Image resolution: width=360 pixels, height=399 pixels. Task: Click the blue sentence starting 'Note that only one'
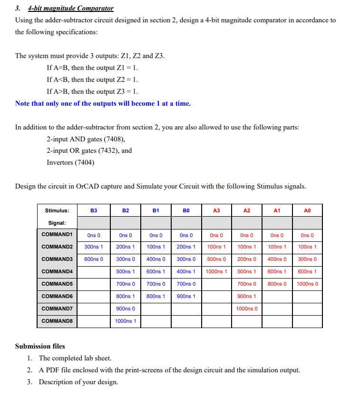click(x=103, y=103)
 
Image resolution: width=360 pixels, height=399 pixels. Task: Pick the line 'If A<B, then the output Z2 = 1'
click(x=92, y=80)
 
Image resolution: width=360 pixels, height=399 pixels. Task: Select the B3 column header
click(x=94, y=210)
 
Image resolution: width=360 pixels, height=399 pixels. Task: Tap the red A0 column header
click(x=307, y=210)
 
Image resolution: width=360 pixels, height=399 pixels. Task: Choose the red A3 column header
click(x=216, y=210)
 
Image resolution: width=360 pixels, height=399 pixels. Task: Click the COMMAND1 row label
click(x=57, y=235)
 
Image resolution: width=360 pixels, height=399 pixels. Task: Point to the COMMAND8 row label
click(x=57, y=321)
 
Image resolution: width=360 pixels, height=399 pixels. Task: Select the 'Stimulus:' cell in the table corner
click(x=57, y=210)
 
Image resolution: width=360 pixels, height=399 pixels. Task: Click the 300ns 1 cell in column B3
click(x=94, y=247)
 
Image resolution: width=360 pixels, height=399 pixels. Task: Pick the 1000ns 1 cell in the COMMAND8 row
click(x=126, y=321)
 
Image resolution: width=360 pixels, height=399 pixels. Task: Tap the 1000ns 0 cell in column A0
click(x=307, y=284)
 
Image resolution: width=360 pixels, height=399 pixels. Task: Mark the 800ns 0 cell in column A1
click(x=277, y=284)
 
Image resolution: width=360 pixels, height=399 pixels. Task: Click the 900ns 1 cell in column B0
click(x=186, y=296)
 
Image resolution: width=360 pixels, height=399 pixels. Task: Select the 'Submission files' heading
click(x=40, y=346)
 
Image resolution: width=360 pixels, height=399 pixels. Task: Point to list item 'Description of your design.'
click(x=78, y=382)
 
